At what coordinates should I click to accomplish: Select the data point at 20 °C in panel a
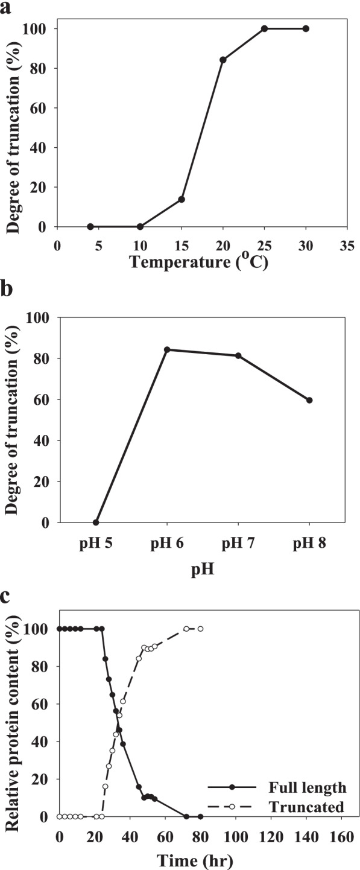tap(223, 60)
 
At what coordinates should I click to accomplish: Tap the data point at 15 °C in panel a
tap(182, 199)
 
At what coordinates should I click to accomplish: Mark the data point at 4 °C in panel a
tap(90, 227)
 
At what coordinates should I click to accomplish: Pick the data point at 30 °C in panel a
tap(306, 29)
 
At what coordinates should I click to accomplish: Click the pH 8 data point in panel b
tap(309, 400)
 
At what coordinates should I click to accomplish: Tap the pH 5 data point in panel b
tap(96, 522)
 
